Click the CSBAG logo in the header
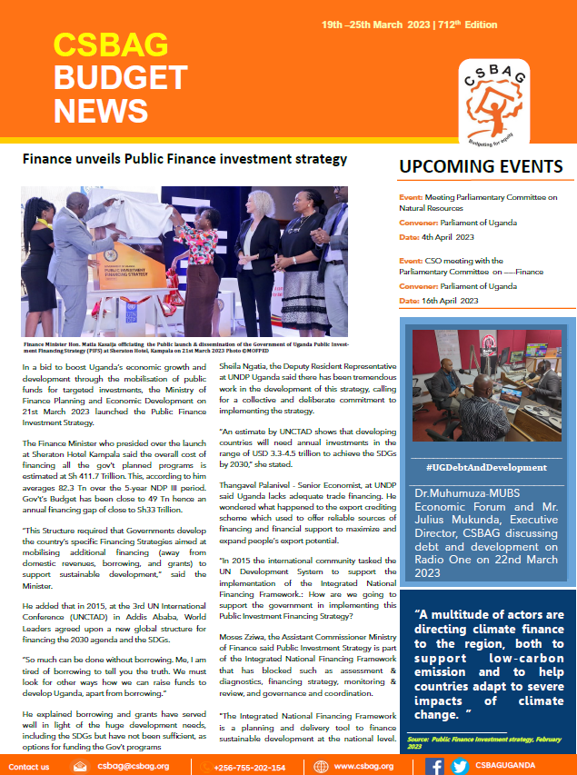[x=496, y=95]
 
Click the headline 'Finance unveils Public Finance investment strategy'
[x=185, y=159]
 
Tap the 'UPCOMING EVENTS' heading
[x=481, y=166]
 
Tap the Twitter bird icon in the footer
[x=460, y=766]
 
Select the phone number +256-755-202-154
[x=249, y=767]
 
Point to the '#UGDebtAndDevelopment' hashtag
[x=486, y=467]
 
